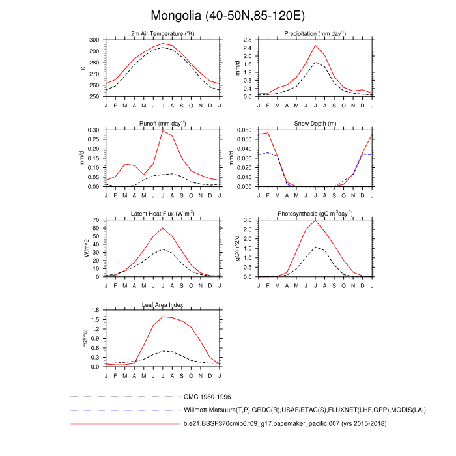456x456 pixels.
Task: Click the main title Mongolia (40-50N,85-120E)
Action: [227, 14]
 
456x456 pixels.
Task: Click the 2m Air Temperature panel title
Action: [163, 33]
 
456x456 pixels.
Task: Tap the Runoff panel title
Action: [163, 123]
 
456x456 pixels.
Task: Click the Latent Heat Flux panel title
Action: [163, 213]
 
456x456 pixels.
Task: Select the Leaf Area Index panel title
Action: [163, 304]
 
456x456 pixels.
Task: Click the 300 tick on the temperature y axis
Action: [95, 40]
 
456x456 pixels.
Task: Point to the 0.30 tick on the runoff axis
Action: [94, 130]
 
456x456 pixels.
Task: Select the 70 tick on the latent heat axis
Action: [96, 220]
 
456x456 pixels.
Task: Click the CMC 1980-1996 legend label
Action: [208, 396]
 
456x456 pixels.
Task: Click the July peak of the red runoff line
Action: [163, 130]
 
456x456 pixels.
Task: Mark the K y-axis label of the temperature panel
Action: [83, 68]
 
